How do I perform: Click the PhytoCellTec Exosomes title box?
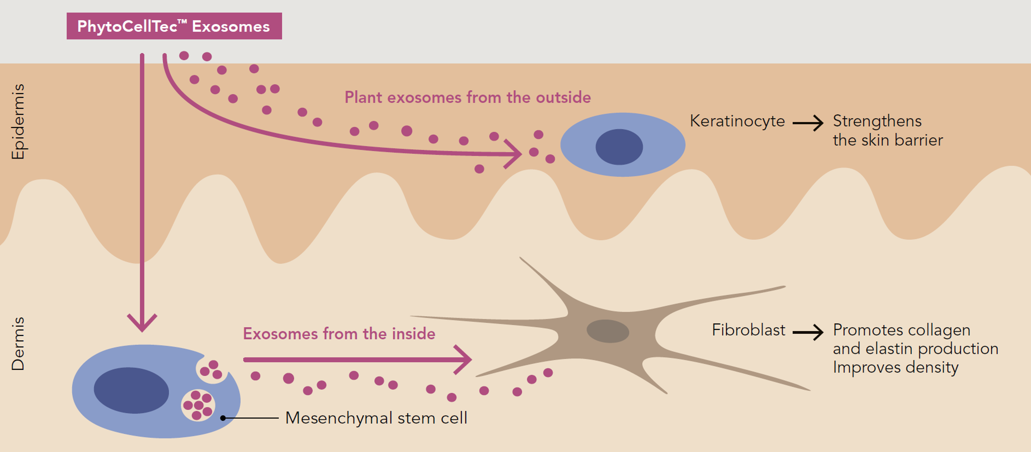pyautogui.click(x=174, y=26)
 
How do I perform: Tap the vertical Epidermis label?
pyautogui.click(x=18, y=122)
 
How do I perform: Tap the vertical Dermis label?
pyautogui.click(x=18, y=344)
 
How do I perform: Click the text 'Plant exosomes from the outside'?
pyautogui.click(x=468, y=97)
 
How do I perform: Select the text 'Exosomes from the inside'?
pyautogui.click(x=339, y=334)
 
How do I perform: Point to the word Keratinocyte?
pyautogui.click(x=737, y=121)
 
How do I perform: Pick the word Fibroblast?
pyautogui.click(x=748, y=330)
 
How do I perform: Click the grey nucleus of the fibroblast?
pyautogui.click(x=608, y=331)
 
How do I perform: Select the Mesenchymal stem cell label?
pyautogui.click(x=376, y=418)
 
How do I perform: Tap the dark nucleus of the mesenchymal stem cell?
pyautogui.click(x=131, y=390)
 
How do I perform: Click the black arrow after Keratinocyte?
pyautogui.click(x=808, y=123)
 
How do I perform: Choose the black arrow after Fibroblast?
pyautogui.click(x=808, y=332)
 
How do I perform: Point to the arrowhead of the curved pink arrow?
pyautogui.click(x=514, y=154)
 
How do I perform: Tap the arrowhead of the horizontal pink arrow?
pyautogui.click(x=464, y=359)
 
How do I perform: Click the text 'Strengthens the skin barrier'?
pyautogui.click(x=888, y=131)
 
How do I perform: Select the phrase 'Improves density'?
pyautogui.click(x=896, y=367)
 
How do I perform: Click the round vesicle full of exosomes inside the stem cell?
pyautogui.click(x=198, y=405)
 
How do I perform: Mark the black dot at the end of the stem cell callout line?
pyautogui.click(x=223, y=418)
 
